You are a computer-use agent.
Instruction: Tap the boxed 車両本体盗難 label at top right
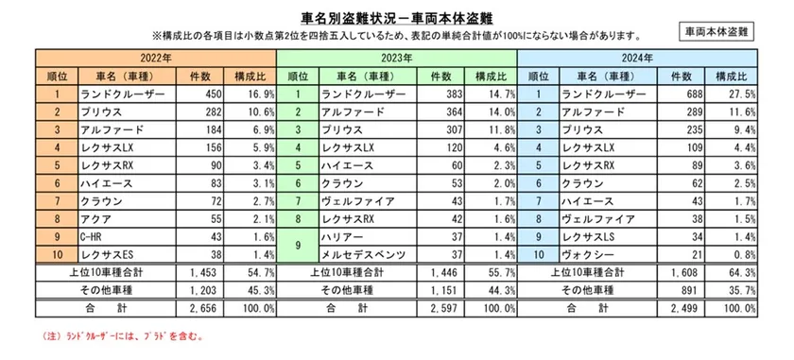[716, 31]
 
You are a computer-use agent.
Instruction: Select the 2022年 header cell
[156, 59]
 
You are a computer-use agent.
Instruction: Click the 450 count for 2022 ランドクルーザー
[205, 94]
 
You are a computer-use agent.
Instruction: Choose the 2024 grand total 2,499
[687, 308]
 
